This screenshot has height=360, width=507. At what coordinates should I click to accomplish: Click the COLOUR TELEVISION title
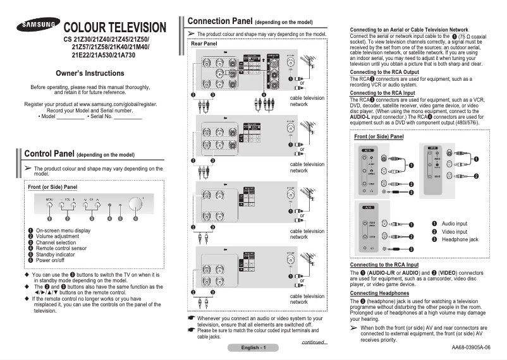tap(115, 28)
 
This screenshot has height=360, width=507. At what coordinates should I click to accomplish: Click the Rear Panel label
tap(204, 44)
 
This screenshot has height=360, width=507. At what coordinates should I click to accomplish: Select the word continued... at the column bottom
tap(314, 342)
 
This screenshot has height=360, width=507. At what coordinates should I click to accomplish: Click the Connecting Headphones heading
tap(379, 293)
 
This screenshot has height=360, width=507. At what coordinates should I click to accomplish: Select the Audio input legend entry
tap(454, 224)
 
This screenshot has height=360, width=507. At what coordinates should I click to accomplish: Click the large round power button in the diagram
tap(135, 205)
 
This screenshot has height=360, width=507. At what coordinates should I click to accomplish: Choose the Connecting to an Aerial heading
tap(409, 30)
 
